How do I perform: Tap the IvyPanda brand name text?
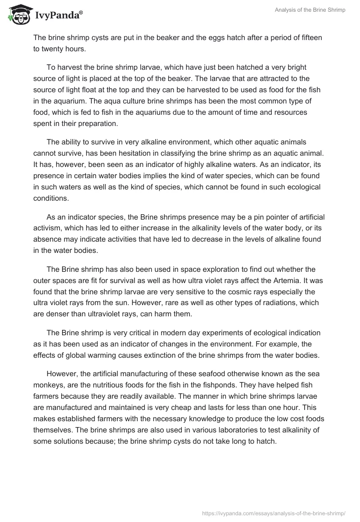click(x=58, y=16)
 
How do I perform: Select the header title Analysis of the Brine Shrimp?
click(x=310, y=10)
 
